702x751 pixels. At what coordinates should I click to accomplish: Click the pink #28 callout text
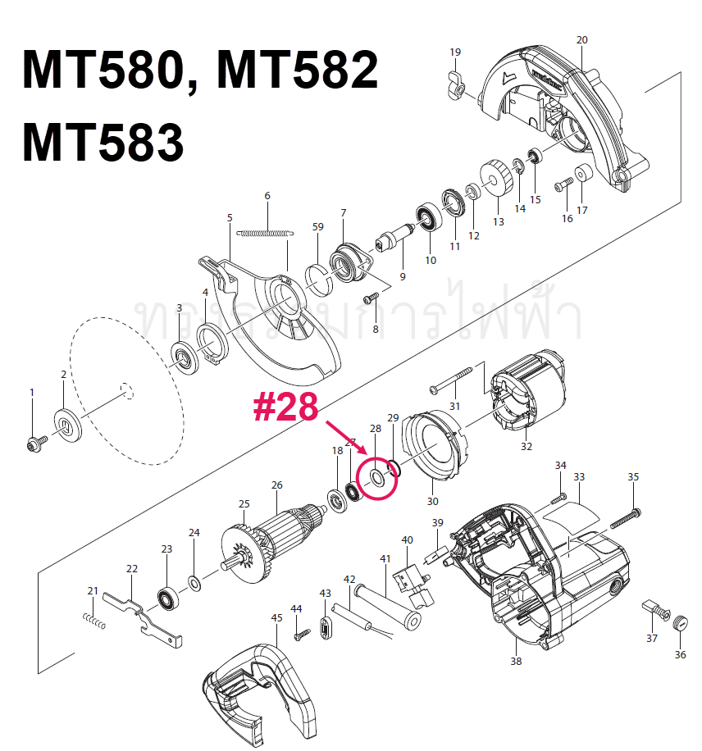(x=285, y=407)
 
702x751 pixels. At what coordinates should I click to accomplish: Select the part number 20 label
(x=582, y=40)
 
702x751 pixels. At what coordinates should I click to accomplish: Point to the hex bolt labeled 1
(x=34, y=443)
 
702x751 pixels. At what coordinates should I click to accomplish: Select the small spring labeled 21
(x=95, y=621)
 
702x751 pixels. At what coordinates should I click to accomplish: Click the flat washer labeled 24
(x=195, y=584)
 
